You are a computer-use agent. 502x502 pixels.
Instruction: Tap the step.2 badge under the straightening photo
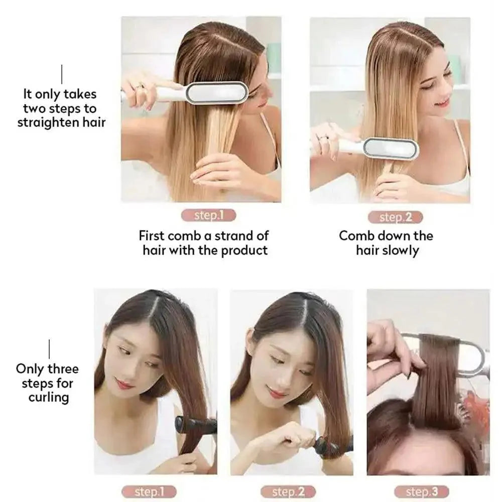click(x=395, y=217)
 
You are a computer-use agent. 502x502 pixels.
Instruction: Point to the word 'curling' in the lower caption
click(x=48, y=398)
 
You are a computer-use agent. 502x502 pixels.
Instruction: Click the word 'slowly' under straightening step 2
click(x=400, y=250)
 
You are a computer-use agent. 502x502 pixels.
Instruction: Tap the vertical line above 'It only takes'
click(x=62, y=74)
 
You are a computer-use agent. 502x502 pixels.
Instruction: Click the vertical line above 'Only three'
click(x=49, y=348)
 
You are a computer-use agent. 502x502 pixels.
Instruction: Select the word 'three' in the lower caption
click(x=63, y=369)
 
